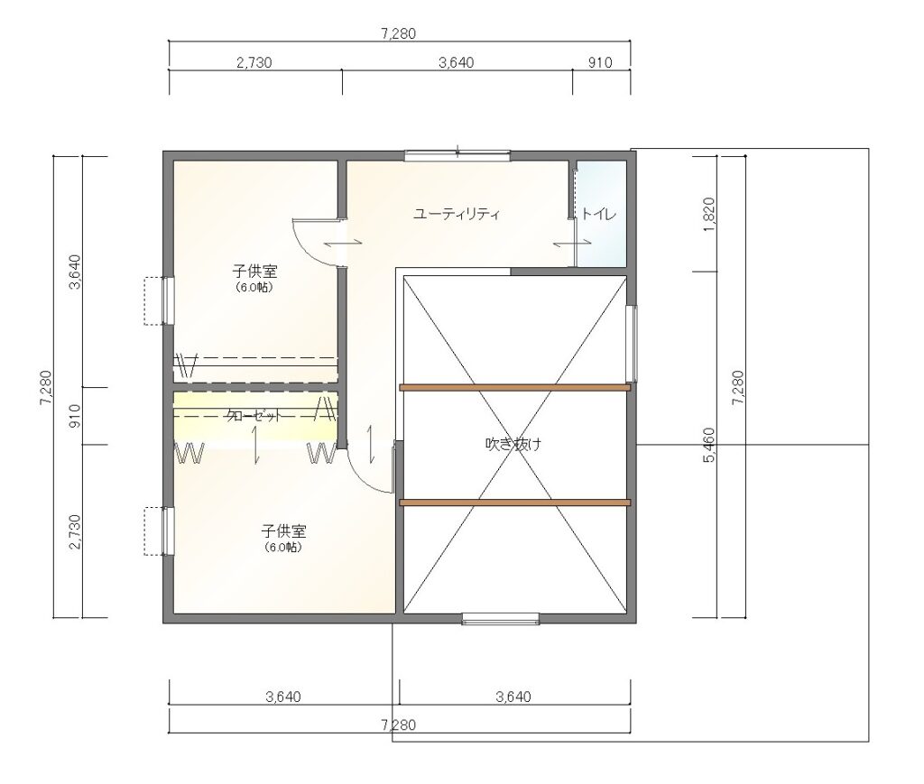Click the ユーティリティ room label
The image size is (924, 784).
pyautogui.click(x=456, y=214)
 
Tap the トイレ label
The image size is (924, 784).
pyautogui.click(x=598, y=214)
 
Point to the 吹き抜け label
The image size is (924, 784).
pyautogui.click(x=513, y=444)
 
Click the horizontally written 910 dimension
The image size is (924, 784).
pyautogui.click(x=600, y=62)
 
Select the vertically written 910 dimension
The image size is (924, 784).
pyautogui.click(x=75, y=416)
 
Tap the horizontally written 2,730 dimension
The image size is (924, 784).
pyautogui.click(x=254, y=62)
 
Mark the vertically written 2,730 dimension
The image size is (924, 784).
pyautogui.click(x=75, y=532)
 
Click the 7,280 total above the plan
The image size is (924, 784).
pyautogui.click(x=398, y=34)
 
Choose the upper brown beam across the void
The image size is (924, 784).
pyautogui.click(x=515, y=387)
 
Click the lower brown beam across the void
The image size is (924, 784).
pyautogui.click(x=515, y=503)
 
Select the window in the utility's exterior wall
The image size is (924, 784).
pyautogui.click(x=457, y=155)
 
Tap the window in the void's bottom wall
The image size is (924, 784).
pyautogui.click(x=500, y=619)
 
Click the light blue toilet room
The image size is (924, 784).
pyautogui.click(x=601, y=213)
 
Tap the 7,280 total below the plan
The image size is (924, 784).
pyautogui.click(x=398, y=725)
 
